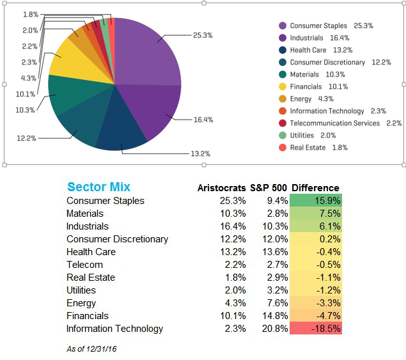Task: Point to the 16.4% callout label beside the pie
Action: pyautogui.click(x=203, y=120)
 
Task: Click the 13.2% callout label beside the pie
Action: pyautogui.click(x=200, y=153)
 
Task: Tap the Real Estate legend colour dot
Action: pyautogui.click(x=282, y=148)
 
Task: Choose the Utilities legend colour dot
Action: pyautogui.click(x=282, y=136)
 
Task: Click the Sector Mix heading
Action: pyautogui.click(x=98, y=187)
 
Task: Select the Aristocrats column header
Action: pyautogui.click(x=221, y=188)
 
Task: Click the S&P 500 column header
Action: pyautogui.click(x=267, y=188)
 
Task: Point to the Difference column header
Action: pyautogui.click(x=315, y=188)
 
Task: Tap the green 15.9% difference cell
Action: pyautogui.click(x=316, y=201)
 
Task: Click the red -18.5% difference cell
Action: pyautogui.click(x=316, y=329)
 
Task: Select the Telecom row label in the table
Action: pyautogui.click(x=84, y=265)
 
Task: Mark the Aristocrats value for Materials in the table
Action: pyautogui.click(x=233, y=214)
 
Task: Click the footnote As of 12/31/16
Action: pyautogui.click(x=91, y=348)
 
